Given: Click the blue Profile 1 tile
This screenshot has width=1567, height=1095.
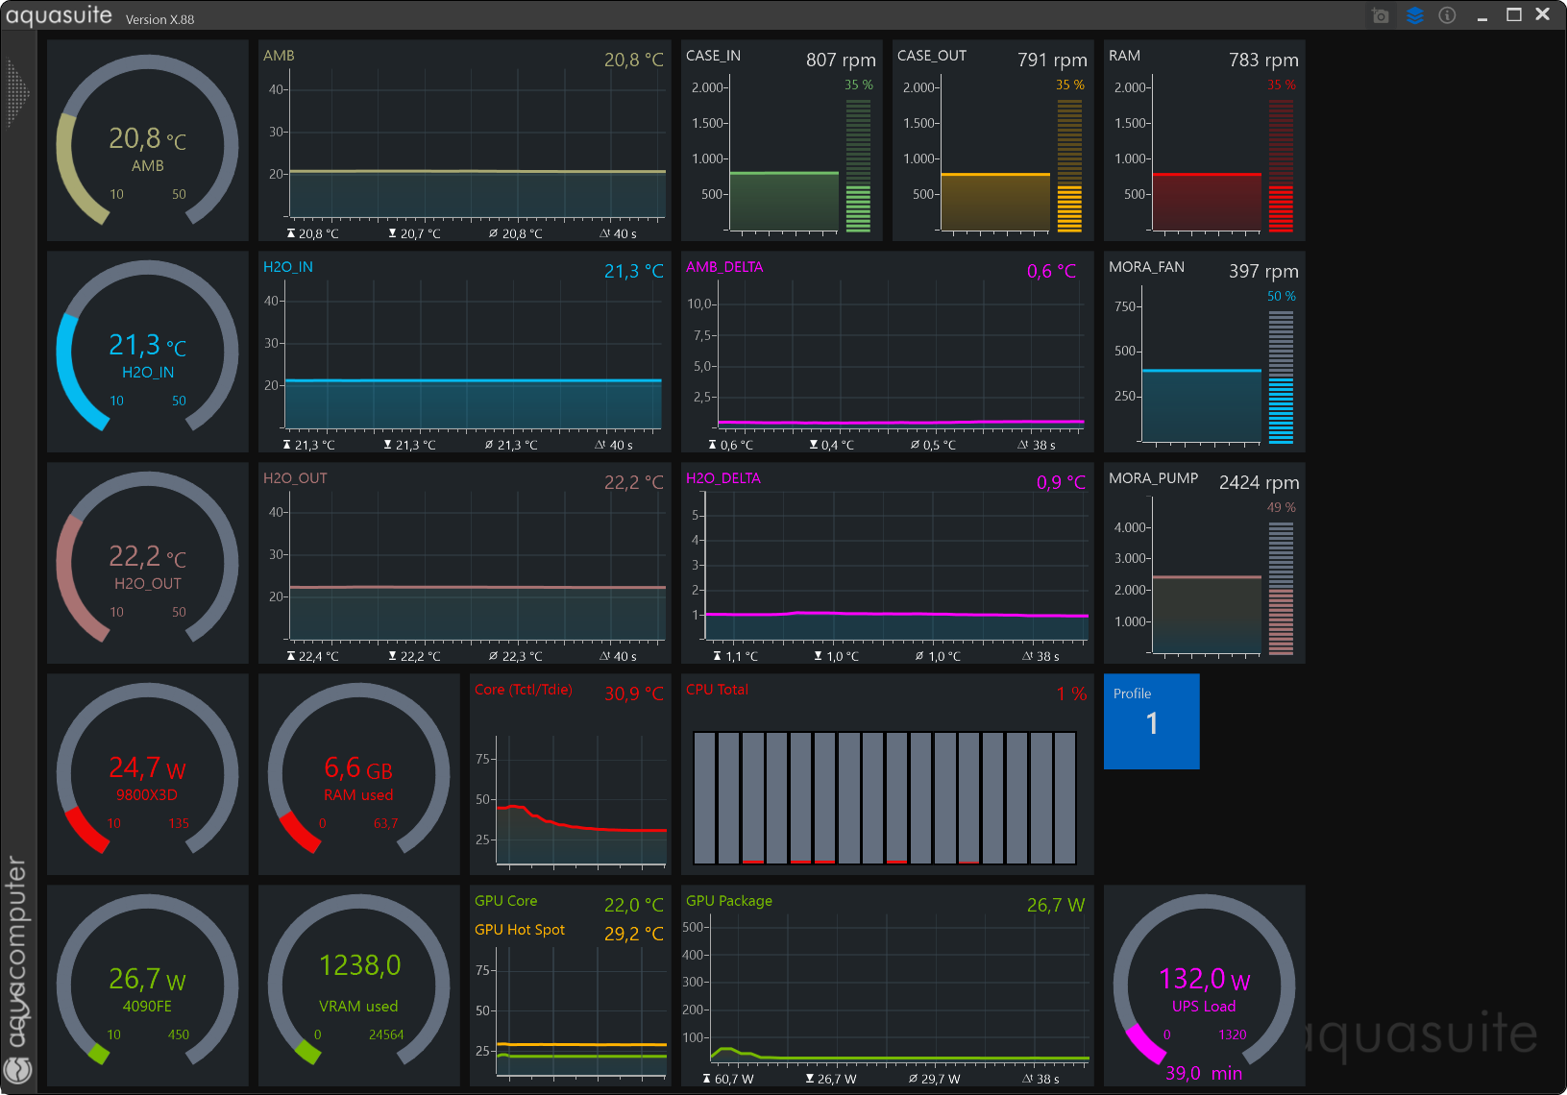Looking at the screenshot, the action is pos(1151,721).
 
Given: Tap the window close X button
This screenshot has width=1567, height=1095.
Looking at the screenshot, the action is pos(1543,14).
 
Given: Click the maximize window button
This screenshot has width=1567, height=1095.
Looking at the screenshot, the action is pos(1514,14).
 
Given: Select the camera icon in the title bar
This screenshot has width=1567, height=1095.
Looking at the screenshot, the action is pos(1381,15).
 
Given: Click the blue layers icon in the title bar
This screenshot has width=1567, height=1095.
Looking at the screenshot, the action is pos(1414,15).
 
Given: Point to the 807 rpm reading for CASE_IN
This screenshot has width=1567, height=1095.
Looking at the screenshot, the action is pos(841,61).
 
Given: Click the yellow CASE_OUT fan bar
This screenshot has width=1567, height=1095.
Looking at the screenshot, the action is pos(994,202).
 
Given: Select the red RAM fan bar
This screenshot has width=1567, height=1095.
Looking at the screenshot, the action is pos(1206,202).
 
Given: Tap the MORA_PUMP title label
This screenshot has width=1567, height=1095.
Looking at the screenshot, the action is pos(1153,478).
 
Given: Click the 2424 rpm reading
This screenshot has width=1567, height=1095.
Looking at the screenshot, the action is pos(1260,482).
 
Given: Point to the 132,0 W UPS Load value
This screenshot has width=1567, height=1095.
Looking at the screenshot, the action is pos(1204,979).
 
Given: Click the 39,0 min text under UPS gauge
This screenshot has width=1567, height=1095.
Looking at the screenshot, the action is pos(1203,1073).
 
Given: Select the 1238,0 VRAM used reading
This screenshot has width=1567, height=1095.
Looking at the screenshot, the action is pos(359,965).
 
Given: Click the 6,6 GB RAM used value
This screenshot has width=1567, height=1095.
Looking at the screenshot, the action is pos(358,768).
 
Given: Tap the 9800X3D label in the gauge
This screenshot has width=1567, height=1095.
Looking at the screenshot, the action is pos(147,795).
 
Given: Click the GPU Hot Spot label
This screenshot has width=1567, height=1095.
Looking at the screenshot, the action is pos(519,930).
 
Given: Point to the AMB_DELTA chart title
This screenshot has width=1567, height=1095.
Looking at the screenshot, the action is pos(724,267).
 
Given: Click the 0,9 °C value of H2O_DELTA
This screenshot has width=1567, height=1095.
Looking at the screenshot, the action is pos(1061,482).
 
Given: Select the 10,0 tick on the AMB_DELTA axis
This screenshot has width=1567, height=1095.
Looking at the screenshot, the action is pos(698,304).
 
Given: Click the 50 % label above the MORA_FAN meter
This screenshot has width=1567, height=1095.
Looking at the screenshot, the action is pos(1281,297).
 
